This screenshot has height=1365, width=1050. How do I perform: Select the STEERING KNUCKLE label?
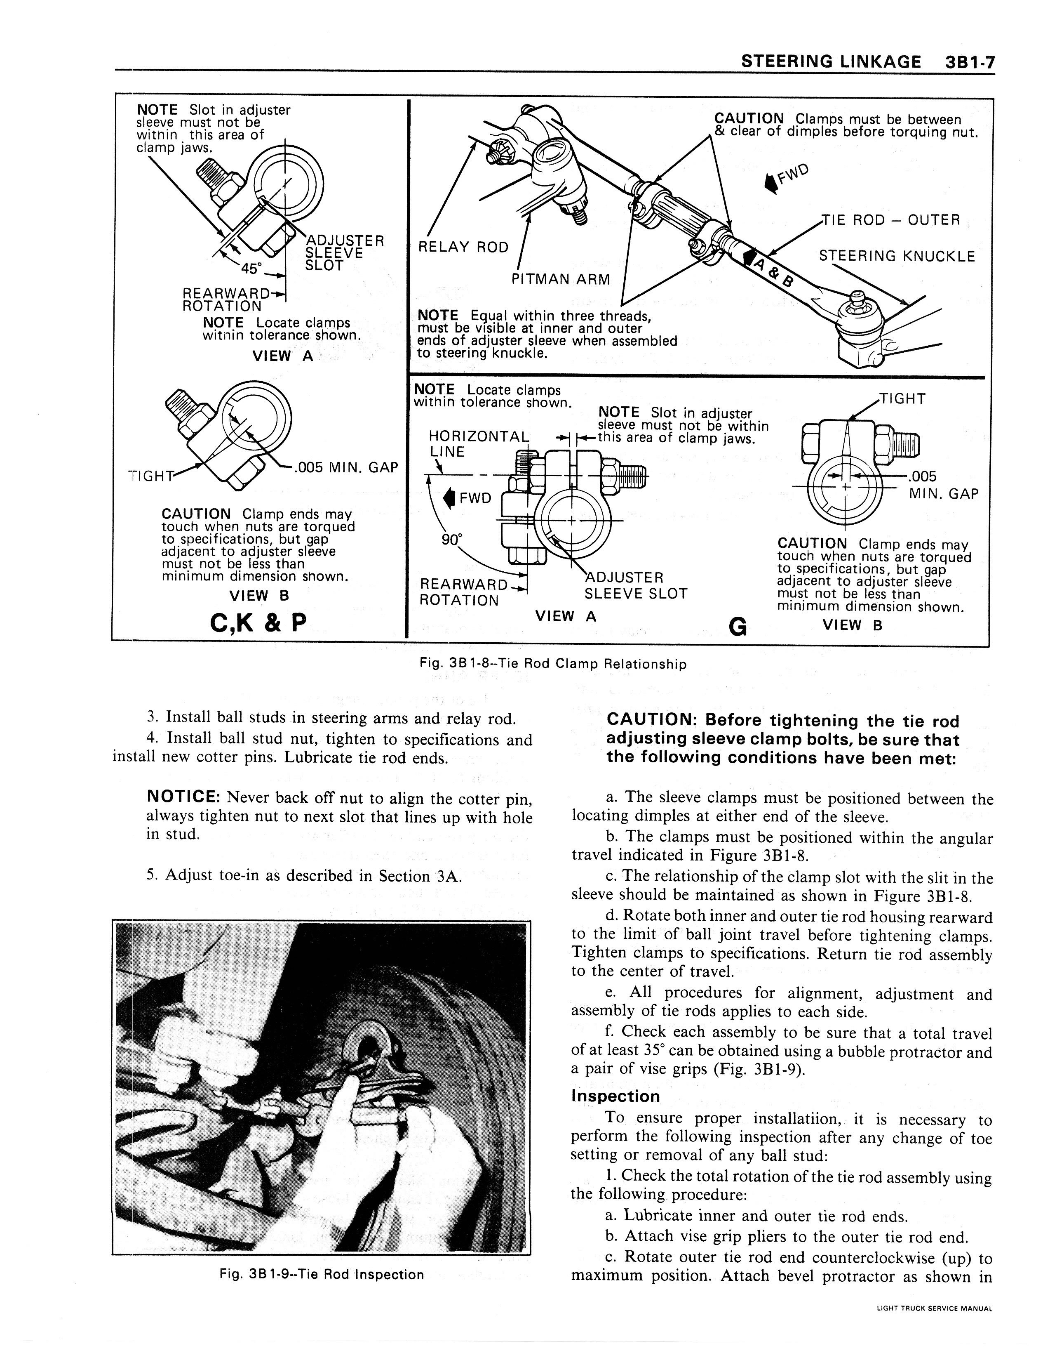pyautogui.click(x=896, y=256)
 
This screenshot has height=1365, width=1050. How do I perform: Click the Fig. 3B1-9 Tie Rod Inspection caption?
pyautogui.click(x=321, y=1274)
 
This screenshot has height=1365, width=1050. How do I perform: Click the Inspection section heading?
pyautogui.click(x=615, y=1096)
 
